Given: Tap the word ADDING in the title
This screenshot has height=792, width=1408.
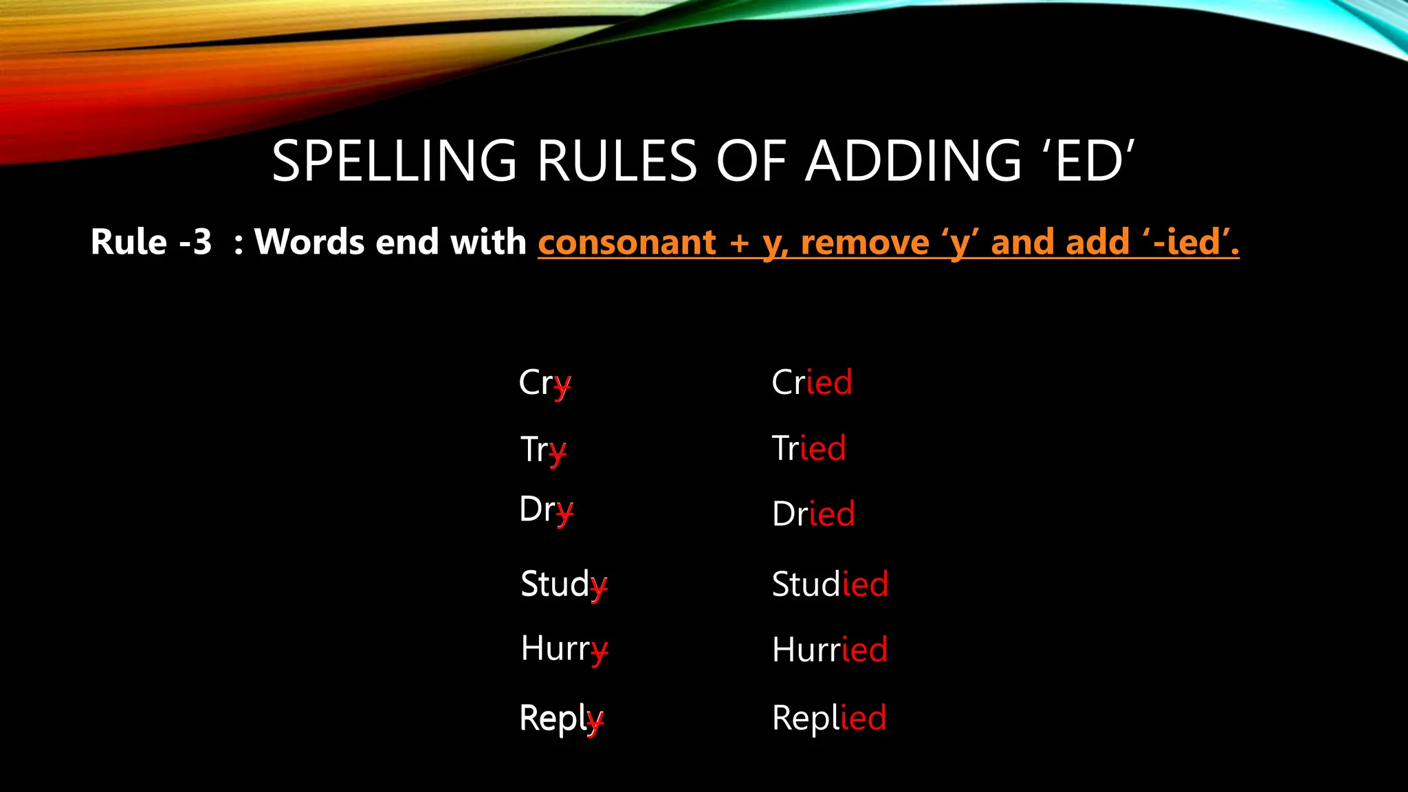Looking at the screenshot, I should coord(913,162).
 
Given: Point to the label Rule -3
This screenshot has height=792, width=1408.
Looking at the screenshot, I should coord(151,242).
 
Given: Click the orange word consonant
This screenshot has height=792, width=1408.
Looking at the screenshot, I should coord(627,243).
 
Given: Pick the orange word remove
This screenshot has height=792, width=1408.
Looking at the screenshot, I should coord(865,243).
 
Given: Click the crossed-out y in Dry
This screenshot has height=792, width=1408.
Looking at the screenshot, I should coord(564,511).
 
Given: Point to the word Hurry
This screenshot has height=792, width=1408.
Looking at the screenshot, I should coord(564,649).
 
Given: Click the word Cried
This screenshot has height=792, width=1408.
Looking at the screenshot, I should coord(812,382).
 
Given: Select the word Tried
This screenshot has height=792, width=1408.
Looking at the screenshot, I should coord(808,448).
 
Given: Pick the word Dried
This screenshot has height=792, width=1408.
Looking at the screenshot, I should coord(813,514).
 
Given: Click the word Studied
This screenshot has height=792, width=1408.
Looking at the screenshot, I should coord(830,584).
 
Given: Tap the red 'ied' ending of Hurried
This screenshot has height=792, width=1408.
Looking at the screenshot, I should coord(864,650).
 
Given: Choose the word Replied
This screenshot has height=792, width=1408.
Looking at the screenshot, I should coord(829,718).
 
